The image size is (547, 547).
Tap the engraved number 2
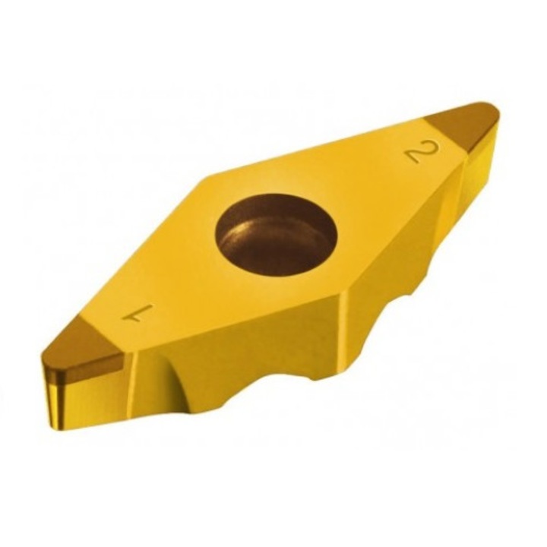pyautogui.click(x=423, y=152)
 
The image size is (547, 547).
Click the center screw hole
pyautogui.click(x=277, y=237)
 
